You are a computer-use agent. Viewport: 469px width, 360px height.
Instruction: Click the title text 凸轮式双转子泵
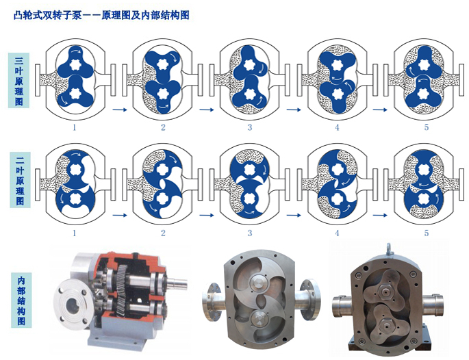pos(48,15)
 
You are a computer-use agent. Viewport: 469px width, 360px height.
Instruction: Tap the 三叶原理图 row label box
pos(19,81)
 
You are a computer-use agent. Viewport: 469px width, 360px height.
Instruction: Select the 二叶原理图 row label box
pos(20,179)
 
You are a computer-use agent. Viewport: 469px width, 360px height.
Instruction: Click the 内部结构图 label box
pos(21,300)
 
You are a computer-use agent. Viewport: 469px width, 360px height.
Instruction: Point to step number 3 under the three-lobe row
pos(250,127)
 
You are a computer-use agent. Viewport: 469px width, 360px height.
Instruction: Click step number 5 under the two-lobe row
pos(427,233)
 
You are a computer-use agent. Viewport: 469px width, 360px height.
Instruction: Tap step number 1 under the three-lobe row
pos(74,127)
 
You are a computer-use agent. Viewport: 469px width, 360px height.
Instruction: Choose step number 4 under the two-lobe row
pos(337,233)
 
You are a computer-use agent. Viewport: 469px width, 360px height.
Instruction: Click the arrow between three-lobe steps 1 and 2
pos(120,110)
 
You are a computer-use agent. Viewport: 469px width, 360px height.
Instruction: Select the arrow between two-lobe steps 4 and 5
pos(380,215)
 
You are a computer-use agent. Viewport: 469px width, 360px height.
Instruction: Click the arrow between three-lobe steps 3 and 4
pos(294,110)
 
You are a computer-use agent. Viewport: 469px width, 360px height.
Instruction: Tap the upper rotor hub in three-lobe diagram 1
pos(74,64)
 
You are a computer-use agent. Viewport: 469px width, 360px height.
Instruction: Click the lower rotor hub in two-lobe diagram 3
pos(249,198)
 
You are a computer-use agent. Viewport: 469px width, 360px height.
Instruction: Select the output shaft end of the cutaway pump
pos(179,283)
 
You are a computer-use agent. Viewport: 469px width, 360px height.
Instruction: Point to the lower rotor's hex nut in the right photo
pos(385,324)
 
